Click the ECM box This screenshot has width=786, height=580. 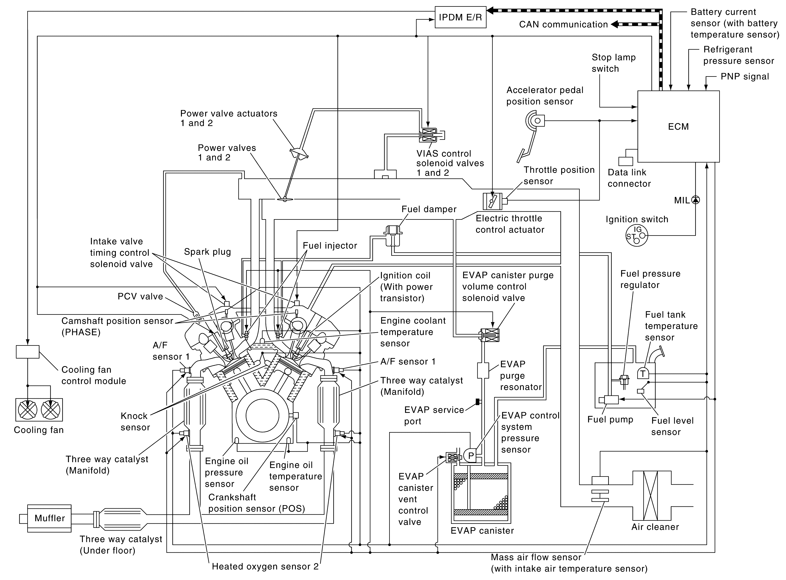tap(678, 126)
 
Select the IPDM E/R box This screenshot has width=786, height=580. tap(460, 17)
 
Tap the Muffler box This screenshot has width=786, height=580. tap(50, 518)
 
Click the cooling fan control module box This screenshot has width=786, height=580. tap(27, 352)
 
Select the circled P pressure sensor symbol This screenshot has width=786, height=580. tap(471, 456)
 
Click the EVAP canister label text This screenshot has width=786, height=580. tap(482, 530)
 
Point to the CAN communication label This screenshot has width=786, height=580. tap(563, 25)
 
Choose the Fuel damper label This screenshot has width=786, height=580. tap(429, 209)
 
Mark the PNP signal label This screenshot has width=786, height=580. tap(745, 77)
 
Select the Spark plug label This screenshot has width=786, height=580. tap(207, 252)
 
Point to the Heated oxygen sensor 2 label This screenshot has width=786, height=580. tap(265, 566)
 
